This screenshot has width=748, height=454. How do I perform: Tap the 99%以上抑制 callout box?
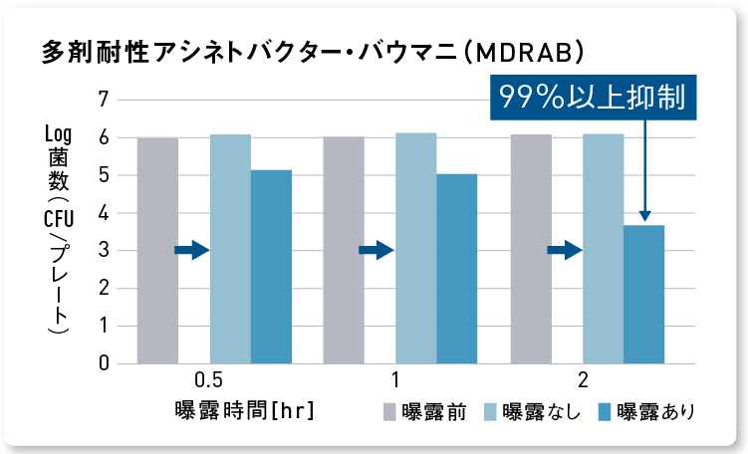click(592, 98)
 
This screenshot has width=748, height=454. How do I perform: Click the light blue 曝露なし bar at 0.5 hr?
click(230, 249)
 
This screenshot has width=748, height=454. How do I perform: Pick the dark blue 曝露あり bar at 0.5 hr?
click(271, 267)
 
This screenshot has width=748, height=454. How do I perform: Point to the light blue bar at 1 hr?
click(416, 249)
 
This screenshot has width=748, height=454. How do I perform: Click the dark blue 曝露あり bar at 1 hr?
click(457, 269)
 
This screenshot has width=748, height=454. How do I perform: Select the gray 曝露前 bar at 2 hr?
click(531, 249)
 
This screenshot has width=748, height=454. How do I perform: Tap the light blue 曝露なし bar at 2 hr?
click(604, 249)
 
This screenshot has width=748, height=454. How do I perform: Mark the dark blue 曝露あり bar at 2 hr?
click(643, 295)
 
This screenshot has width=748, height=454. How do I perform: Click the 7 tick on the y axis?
click(104, 100)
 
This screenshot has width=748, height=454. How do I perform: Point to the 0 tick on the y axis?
click(104, 363)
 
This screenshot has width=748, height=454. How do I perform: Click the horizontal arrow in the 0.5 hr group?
click(191, 251)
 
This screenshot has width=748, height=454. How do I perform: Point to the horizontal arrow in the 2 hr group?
click(565, 251)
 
